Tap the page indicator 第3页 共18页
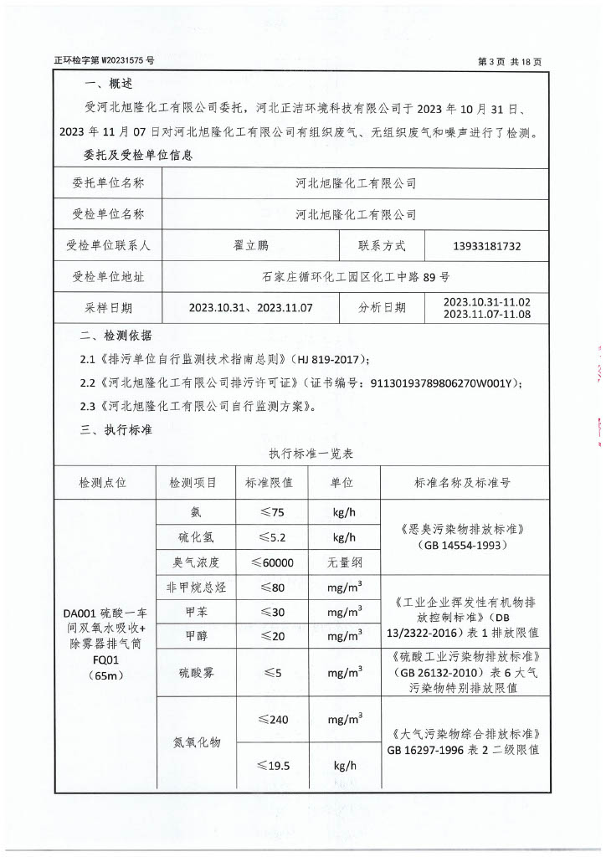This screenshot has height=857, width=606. (x=510, y=61)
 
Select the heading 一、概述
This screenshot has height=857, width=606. (x=109, y=85)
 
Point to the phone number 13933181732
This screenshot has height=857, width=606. (x=486, y=246)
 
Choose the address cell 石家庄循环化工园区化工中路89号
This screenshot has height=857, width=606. (x=355, y=277)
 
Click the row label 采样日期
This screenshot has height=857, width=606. (x=108, y=308)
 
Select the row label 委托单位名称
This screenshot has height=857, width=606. (x=108, y=183)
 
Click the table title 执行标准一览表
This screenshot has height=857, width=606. (x=311, y=454)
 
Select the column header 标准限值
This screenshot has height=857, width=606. (x=269, y=483)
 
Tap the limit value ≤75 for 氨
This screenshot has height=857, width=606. (x=270, y=512)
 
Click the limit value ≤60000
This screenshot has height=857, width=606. (x=270, y=562)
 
